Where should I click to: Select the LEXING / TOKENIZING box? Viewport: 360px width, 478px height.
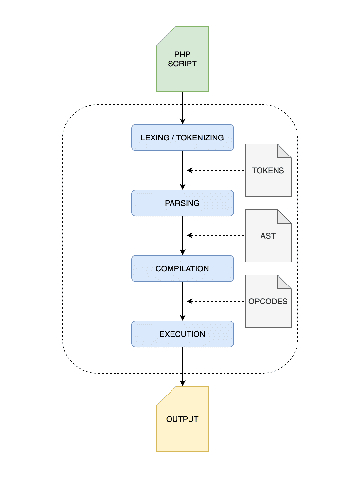click(183, 138)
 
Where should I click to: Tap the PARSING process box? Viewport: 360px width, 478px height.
click(183, 203)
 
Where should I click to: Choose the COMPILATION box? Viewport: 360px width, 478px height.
click(183, 268)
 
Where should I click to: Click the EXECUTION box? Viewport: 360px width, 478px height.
click(183, 334)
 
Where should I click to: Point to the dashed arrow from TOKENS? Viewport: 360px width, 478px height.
click(216, 170)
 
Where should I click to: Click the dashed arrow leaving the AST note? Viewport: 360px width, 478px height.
click(216, 235)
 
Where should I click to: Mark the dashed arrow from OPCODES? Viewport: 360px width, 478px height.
click(216, 301)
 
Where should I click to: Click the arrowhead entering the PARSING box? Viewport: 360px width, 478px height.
click(183, 187)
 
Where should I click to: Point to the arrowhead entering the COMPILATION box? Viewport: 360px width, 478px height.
click(183, 252)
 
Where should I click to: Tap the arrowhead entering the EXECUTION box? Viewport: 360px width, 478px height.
click(183, 318)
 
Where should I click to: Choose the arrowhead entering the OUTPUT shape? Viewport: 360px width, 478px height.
click(183, 383)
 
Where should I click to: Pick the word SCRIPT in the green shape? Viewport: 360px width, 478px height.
click(182, 64)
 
